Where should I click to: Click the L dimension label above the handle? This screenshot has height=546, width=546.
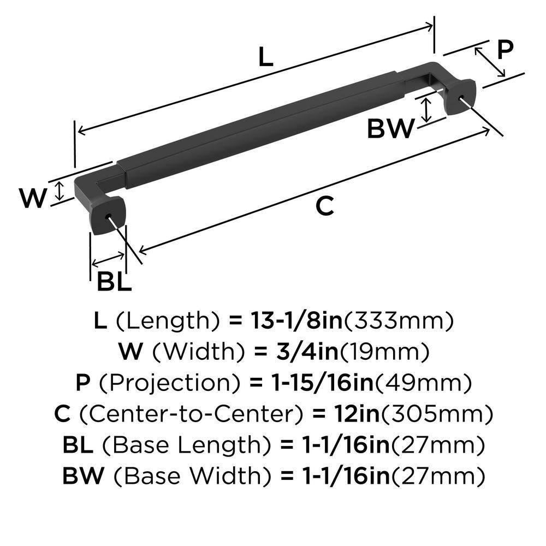click(x=265, y=57)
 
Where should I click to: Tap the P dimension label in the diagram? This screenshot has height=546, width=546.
click(x=505, y=50)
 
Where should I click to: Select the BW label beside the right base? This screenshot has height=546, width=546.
click(x=390, y=129)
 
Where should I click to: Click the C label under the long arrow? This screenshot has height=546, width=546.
click(x=324, y=206)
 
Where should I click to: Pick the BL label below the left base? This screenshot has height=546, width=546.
click(x=114, y=282)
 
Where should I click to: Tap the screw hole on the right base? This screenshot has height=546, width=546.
click(x=462, y=99)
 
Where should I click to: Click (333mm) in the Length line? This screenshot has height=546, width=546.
click(x=398, y=321)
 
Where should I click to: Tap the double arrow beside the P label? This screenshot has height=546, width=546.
click(x=489, y=62)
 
